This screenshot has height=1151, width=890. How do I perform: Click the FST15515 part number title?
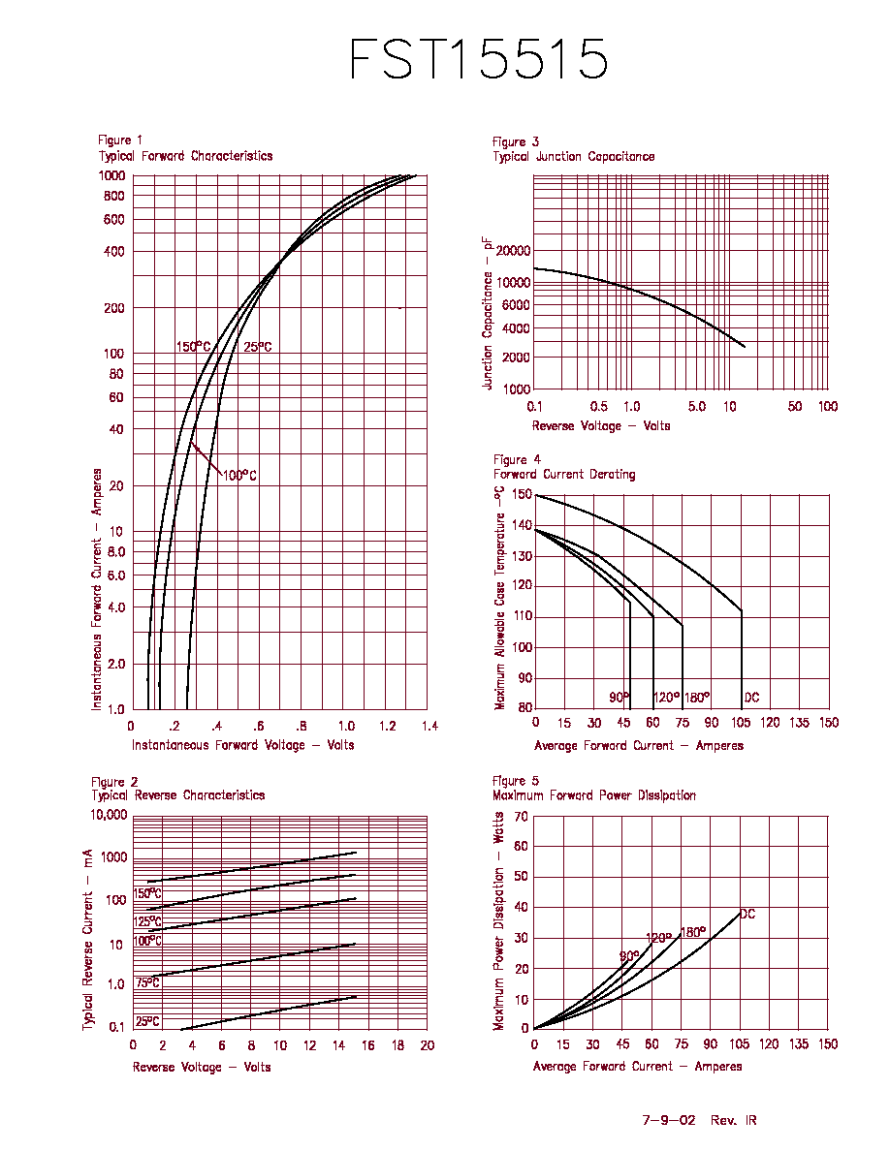tap(478, 58)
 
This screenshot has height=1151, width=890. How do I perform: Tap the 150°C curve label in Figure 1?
tap(193, 347)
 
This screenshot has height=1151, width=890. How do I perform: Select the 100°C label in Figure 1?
tap(239, 476)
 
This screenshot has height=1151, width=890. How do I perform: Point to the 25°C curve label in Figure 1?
tap(258, 347)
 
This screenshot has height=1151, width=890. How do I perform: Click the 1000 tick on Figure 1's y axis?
tap(111, 175)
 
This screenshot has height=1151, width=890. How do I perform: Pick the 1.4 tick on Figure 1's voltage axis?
tap(429, 726)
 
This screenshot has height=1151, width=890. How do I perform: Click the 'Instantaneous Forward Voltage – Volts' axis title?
tap(243, 745)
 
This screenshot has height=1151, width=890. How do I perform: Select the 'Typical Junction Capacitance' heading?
tap(574, 156)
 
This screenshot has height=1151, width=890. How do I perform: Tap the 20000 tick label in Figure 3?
tap(513, 251)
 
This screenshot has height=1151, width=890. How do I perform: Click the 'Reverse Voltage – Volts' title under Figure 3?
tap(601, 425)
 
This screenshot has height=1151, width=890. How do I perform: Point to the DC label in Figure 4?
tap(751, 698)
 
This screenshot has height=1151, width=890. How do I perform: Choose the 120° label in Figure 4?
tap(667, 698)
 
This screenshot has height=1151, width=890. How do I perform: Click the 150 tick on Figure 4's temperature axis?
tap(522, 494)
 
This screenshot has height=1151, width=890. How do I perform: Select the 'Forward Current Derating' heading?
tap(564, 474)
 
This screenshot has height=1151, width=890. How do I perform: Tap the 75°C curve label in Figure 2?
tap(146, 982)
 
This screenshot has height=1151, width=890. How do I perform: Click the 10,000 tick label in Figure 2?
tap(109, 815)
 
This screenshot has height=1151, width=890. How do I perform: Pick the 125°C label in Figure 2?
tap(146, 922)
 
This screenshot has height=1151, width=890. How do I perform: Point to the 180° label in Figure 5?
tap(693, 932)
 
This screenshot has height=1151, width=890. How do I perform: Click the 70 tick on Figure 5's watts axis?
tap(521, 817)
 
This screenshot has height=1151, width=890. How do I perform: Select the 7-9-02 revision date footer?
tap(669, 1120)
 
